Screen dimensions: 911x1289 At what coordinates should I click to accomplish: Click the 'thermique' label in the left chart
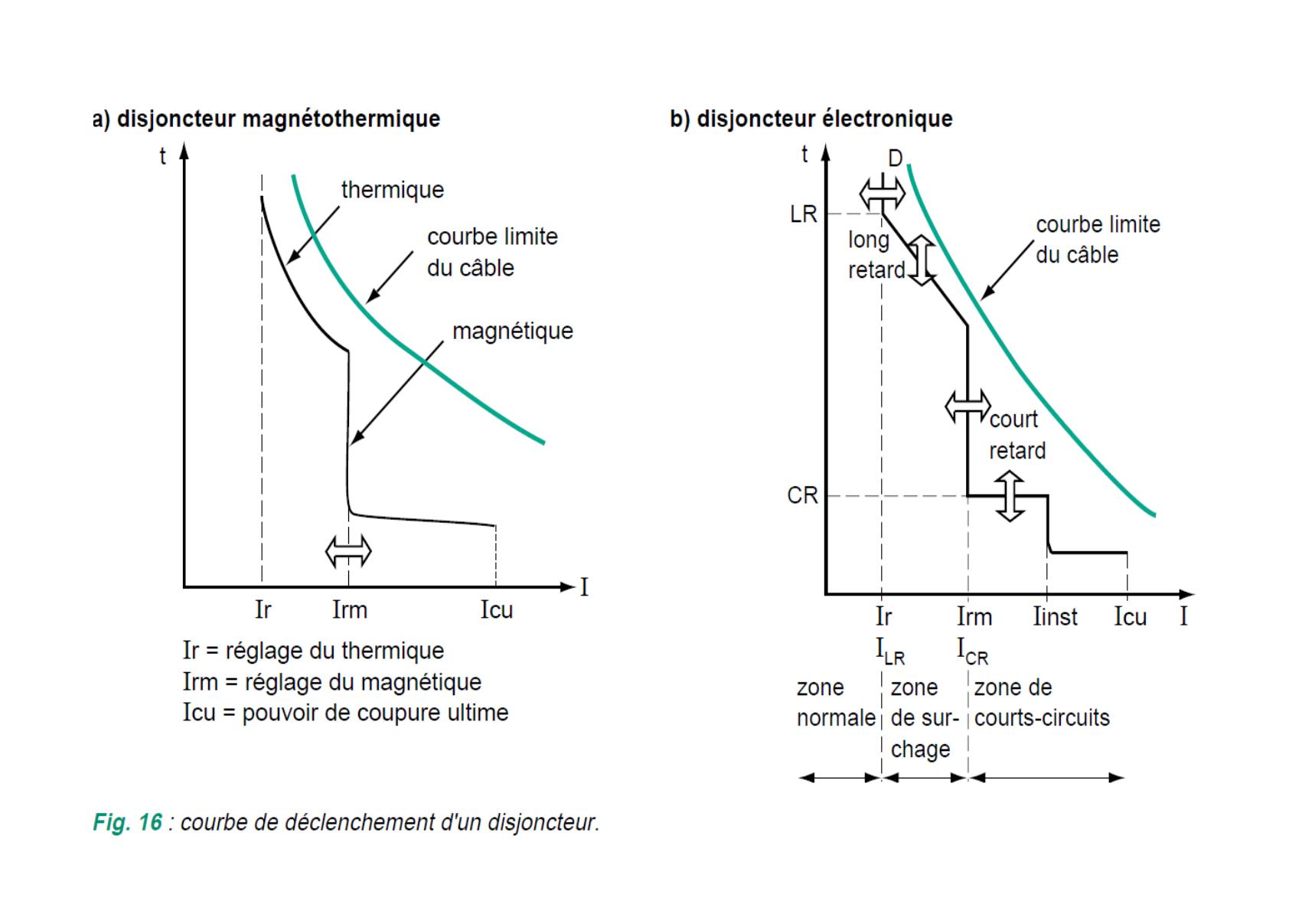[392, 190]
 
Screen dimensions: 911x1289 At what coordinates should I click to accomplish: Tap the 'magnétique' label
[512, 331]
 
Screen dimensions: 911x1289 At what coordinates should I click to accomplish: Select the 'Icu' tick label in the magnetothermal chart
[496, 610]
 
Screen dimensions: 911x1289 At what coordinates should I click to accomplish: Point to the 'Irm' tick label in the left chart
[350, 610]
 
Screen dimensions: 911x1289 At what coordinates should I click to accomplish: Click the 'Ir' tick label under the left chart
[263, 610]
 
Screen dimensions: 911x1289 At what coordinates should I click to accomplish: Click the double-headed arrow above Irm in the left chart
[348, 550]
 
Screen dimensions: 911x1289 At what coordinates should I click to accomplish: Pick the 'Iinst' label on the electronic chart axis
[1055, 617]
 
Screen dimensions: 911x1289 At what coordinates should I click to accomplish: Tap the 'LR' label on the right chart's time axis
[804, 214]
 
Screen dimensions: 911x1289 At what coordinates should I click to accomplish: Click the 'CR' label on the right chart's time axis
[802, 496]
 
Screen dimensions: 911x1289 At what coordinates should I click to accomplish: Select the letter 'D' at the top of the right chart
[896, 158]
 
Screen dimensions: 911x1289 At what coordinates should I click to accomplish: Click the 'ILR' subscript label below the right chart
[890, 652]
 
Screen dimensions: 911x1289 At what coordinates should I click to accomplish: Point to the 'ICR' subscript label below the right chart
[972, 652]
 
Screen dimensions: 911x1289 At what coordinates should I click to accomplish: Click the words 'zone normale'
[835, 703]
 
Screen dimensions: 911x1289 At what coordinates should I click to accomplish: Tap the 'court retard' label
[1017, 435]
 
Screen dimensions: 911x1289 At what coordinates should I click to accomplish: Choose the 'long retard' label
[875, 255]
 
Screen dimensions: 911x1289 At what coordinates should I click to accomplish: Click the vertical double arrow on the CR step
[1010, 496]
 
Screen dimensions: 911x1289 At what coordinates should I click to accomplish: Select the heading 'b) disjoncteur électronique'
[811, 119]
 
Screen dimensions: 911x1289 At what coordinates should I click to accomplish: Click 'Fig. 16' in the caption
[127, 822]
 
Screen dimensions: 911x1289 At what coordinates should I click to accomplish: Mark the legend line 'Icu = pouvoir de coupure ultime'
[345, 713]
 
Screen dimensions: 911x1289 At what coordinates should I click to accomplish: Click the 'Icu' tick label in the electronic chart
[1130, 617]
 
